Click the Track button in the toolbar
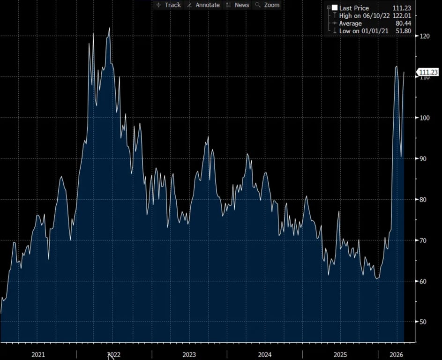click(x=168, y=5)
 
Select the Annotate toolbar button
click(x=203, y=5)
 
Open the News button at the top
click(x=238, y=5)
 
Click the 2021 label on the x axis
click(x=37, y=354)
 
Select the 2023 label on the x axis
click(x=189, y=354)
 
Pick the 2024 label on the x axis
click(x=264, y=354)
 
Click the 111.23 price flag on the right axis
click(x=428, y=72)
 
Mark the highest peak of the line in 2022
click(x=109, y=28)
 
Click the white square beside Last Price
click(x=334, y=8)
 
